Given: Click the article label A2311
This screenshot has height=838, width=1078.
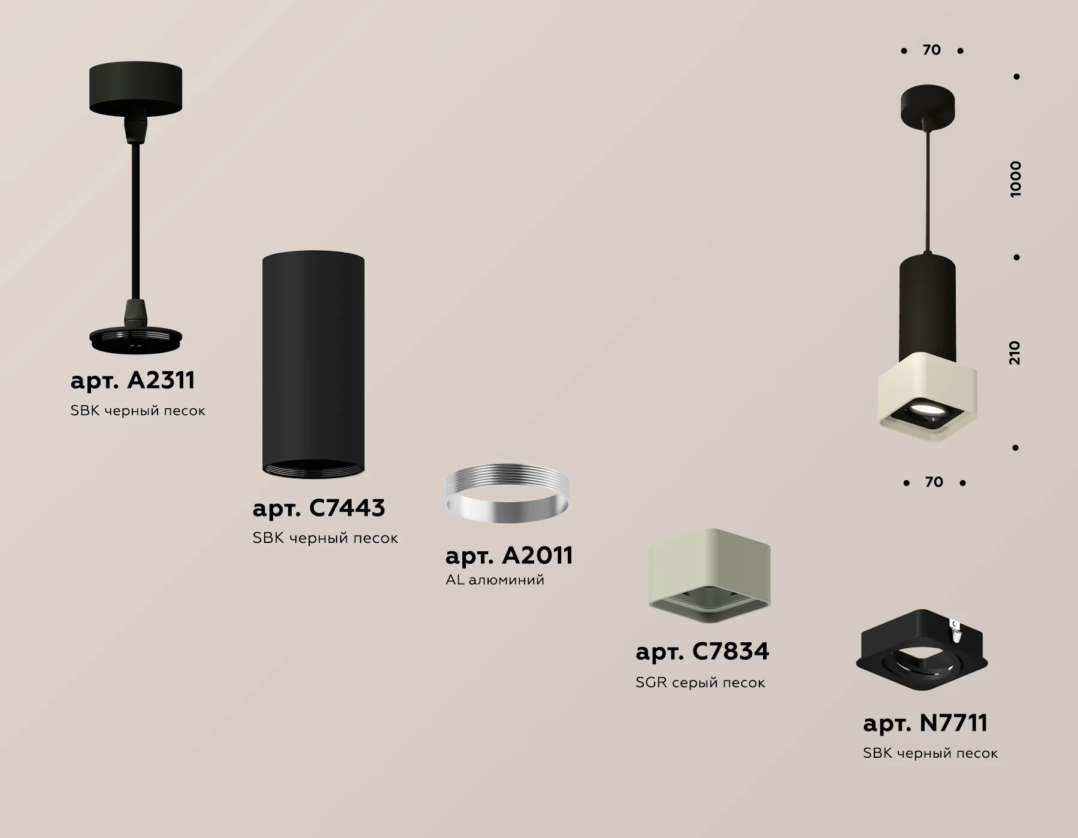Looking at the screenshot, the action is coord(132,380).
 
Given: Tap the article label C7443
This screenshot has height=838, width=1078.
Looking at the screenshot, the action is coord(319,508).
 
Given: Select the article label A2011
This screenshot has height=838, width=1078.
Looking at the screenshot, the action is coord(509,555).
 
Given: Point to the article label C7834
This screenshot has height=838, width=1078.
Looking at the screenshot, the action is coord(702,651).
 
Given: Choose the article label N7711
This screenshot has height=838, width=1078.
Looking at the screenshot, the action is coord(925,722).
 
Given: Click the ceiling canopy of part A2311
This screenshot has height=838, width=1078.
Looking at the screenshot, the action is coord(135,89).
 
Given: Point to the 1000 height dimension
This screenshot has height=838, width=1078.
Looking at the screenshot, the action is coord(1015,179).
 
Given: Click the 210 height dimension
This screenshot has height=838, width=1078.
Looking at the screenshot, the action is coord(1014,353).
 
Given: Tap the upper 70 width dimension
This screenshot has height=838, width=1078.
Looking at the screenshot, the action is coord(932,50).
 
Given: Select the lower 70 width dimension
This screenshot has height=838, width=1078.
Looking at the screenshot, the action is coord(934,482).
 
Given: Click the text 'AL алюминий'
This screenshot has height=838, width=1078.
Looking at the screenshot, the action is coord(495,579).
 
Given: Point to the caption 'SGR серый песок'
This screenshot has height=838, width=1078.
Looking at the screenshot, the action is coord(700,682).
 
